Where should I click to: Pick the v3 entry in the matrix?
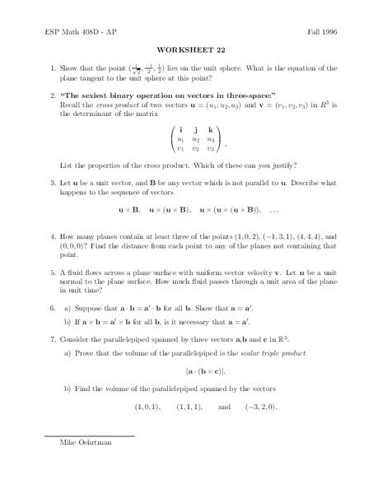tap(212, 148)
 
